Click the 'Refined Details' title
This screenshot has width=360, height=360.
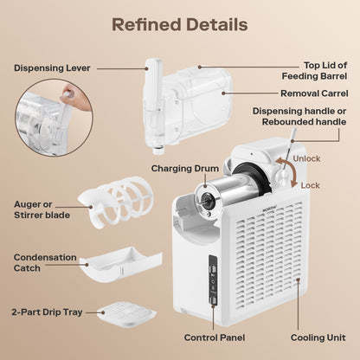(180, 24)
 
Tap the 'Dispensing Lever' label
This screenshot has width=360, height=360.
(52, 68)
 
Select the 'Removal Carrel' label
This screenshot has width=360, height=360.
(314, 93)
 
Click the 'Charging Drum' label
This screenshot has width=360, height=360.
(185, 169)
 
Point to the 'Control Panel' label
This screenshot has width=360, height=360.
(215, 337)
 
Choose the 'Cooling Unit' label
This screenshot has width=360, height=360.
(318, 337)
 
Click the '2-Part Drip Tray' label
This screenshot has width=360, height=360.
(47, 312)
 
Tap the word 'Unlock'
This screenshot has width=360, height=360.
(306, 158)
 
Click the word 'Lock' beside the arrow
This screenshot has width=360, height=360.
(310, 185)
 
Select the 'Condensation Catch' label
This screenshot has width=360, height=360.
(45, 262)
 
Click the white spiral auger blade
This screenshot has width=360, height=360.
(115, 202)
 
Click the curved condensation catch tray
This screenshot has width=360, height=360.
(121, 266)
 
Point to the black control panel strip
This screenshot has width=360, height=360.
(213, 280)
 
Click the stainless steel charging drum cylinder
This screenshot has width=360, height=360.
(222, 191)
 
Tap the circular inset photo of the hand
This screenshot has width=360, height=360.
(54, 118)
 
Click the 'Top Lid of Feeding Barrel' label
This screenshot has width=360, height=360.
(314, 71)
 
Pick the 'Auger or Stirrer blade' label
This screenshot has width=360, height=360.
(42, 209)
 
